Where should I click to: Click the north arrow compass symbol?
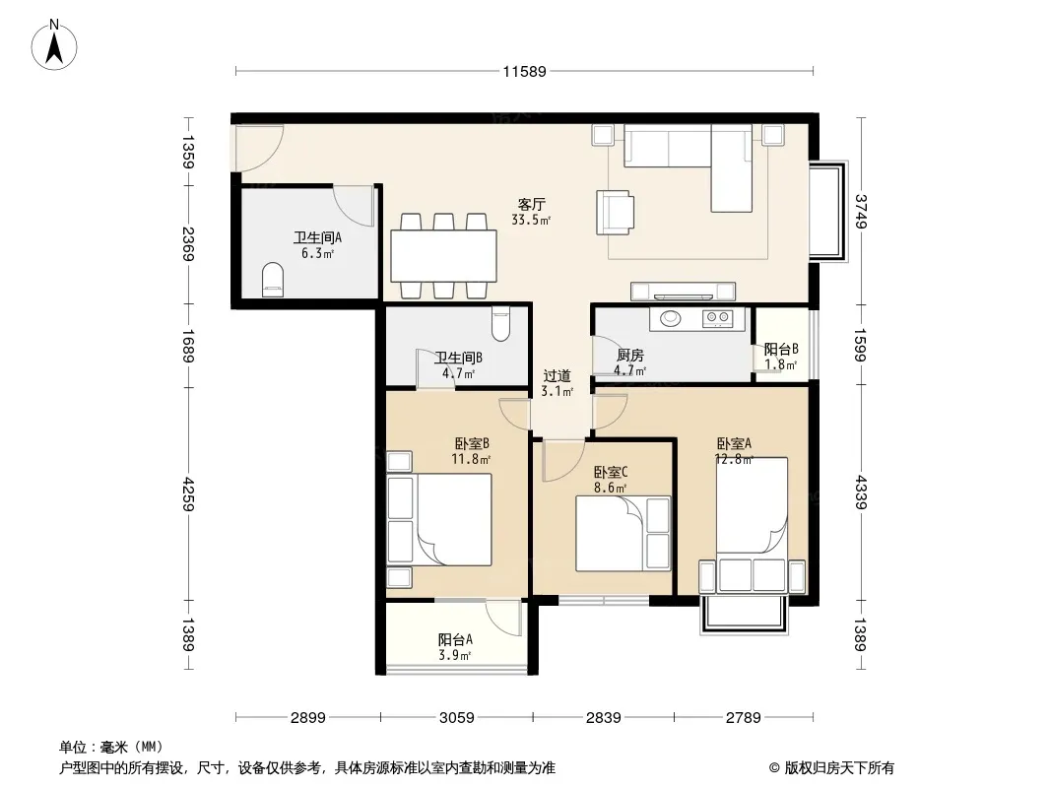(54, 45)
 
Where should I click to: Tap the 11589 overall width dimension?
(525, 72)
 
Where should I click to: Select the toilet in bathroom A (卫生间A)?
(273, 279)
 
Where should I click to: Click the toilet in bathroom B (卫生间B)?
(500, 323)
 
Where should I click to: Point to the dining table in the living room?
(444, 256)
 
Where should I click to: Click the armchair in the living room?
(615, 212)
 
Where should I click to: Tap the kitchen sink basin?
(671, 319)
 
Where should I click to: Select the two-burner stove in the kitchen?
(717, 319)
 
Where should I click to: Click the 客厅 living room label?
(532, 204)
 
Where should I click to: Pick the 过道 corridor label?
(557, 375)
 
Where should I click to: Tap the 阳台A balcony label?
(455, 640)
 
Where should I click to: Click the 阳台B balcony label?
(781, 350)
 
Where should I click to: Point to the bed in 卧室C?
(623, 534)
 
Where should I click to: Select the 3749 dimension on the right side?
(861, 211)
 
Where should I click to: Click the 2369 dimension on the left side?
(188, 244)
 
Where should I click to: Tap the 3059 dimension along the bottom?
(457, 718)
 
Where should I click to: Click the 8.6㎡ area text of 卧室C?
(610, 488)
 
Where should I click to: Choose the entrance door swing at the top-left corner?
(257, 148)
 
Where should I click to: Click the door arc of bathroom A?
(353, 206)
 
